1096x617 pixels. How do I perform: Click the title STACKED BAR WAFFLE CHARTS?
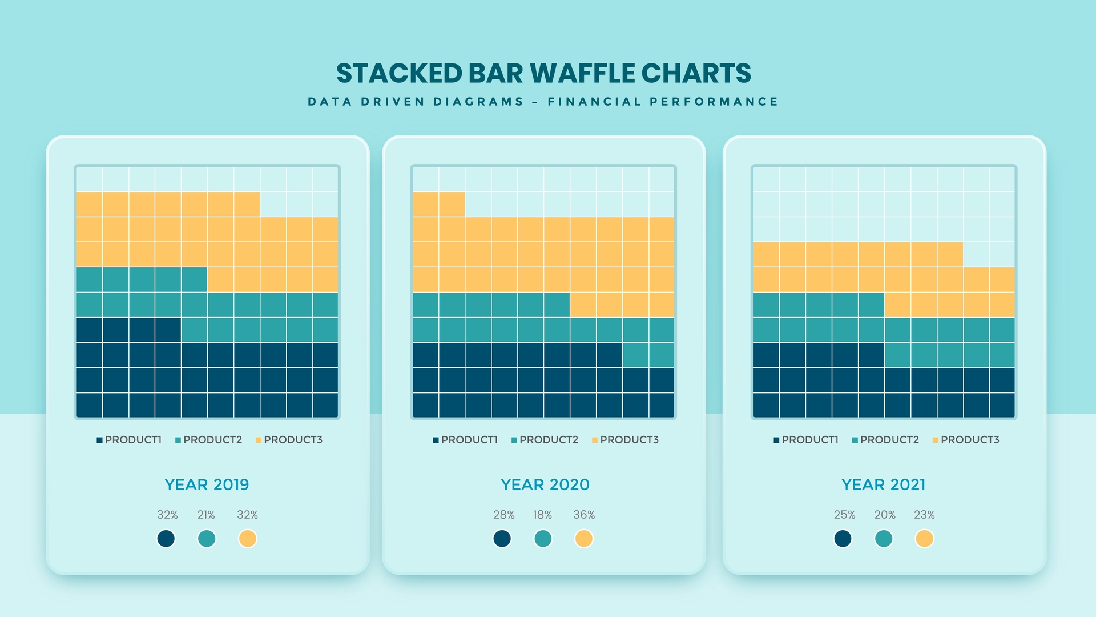coord(543,73)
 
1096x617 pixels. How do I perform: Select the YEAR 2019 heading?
coord(207,484)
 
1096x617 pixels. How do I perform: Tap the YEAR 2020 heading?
coord(545,484)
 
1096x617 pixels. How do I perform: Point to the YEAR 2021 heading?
coord(883,484)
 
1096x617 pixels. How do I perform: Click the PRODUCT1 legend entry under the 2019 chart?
coord(130,440)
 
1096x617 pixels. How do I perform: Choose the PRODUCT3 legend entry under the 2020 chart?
coord(626,440)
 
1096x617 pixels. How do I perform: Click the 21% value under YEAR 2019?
coord(206,515)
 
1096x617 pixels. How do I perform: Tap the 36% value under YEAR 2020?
coord(584,515)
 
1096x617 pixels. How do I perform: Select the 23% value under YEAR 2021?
coord(924,515)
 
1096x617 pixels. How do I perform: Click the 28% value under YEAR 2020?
coord(503,515)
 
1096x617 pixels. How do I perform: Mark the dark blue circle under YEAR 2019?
coord(166,539)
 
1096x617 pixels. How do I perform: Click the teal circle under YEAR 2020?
coord(543,539)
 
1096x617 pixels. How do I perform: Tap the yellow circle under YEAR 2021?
coord(924,539)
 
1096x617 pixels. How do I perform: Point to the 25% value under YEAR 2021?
coord(844,515)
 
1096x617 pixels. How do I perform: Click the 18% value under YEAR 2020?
coord(542,515)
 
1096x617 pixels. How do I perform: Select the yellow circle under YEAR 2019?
coord(247,539)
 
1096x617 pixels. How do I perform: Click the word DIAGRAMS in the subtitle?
coord(478,102)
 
